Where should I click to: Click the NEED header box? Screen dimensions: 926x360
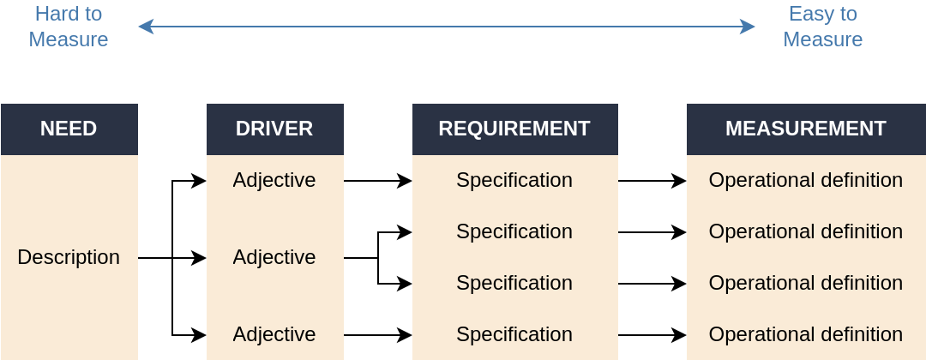[69, 129]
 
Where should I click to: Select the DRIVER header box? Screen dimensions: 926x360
[274, 129]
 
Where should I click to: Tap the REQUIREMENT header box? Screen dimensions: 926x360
[514, 129]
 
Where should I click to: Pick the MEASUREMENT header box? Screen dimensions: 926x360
[806, 129]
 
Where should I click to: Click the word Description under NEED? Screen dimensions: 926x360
[69, 257]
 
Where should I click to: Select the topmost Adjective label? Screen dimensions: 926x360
[274, 180]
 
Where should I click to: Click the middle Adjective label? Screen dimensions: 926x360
[274, 257]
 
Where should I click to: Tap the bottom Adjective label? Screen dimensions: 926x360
[274, 334]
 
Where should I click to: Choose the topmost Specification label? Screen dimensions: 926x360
[514, 180]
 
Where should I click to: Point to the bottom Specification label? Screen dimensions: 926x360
[514, 334]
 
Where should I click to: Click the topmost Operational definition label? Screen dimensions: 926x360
[805, 180]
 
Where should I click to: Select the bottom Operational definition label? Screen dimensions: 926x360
[805, 334]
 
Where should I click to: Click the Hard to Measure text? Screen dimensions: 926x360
[69, 27]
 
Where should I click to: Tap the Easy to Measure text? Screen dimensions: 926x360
[822, 27]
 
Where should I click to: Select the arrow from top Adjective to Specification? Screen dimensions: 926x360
[378, 181]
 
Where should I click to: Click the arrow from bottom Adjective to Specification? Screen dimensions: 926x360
[378, 334]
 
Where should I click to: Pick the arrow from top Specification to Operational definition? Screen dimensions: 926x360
[652, 181]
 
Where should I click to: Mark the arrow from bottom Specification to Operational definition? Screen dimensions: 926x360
[652, 334]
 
